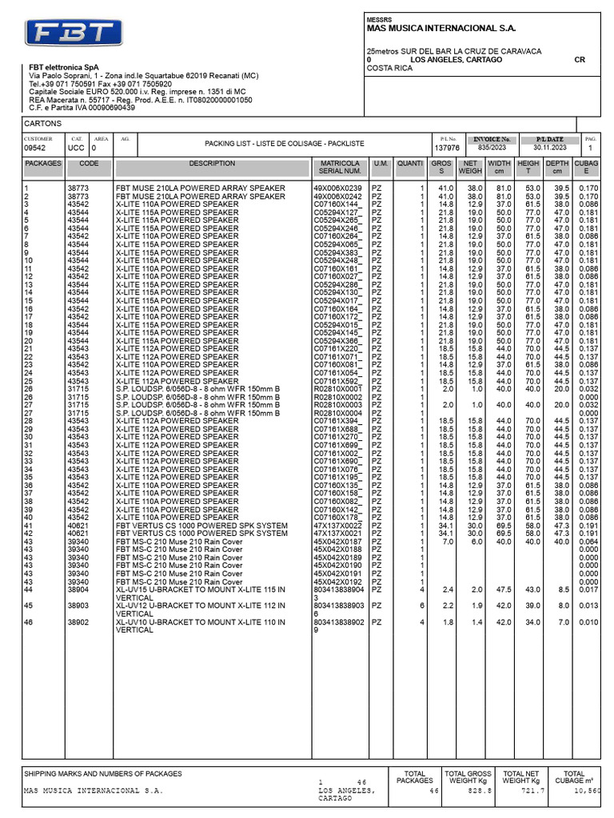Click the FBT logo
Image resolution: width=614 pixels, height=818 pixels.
pyautogui.click(x=74, y=34)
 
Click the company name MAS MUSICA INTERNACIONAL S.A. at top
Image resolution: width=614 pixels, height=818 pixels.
pyautogui.click(x=441, y=27)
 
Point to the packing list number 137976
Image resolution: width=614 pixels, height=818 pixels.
pyautogui.click(x=446, y=148)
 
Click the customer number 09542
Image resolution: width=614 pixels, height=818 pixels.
pyautogui.click(x=35, y=149)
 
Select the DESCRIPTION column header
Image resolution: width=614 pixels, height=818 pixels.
pyautogui.click(x=212, y=163)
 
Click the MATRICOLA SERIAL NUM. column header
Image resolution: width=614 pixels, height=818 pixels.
pyautogui.click(x=340, y=167)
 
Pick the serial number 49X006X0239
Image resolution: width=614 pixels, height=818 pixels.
pyautogui.click(x=337, y=188)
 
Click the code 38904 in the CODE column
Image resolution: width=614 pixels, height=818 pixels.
pyautogui.click(x=78, y=590)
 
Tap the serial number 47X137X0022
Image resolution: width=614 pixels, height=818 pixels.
pyautogui.click(x=337, y=525)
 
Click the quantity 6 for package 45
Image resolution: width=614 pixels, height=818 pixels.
pyautogui.click(x=422, y=606)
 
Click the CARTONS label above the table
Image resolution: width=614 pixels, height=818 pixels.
pyautogui.click(x=41, y=125)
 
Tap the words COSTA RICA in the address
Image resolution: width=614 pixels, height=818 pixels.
pyautogui.click(x=389, y=69)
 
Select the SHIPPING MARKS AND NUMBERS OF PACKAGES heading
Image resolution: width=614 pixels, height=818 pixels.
pyautogui.click(x=103, y=773)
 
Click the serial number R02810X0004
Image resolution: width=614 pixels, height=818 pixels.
pyautogui.click(x=337, y=413)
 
